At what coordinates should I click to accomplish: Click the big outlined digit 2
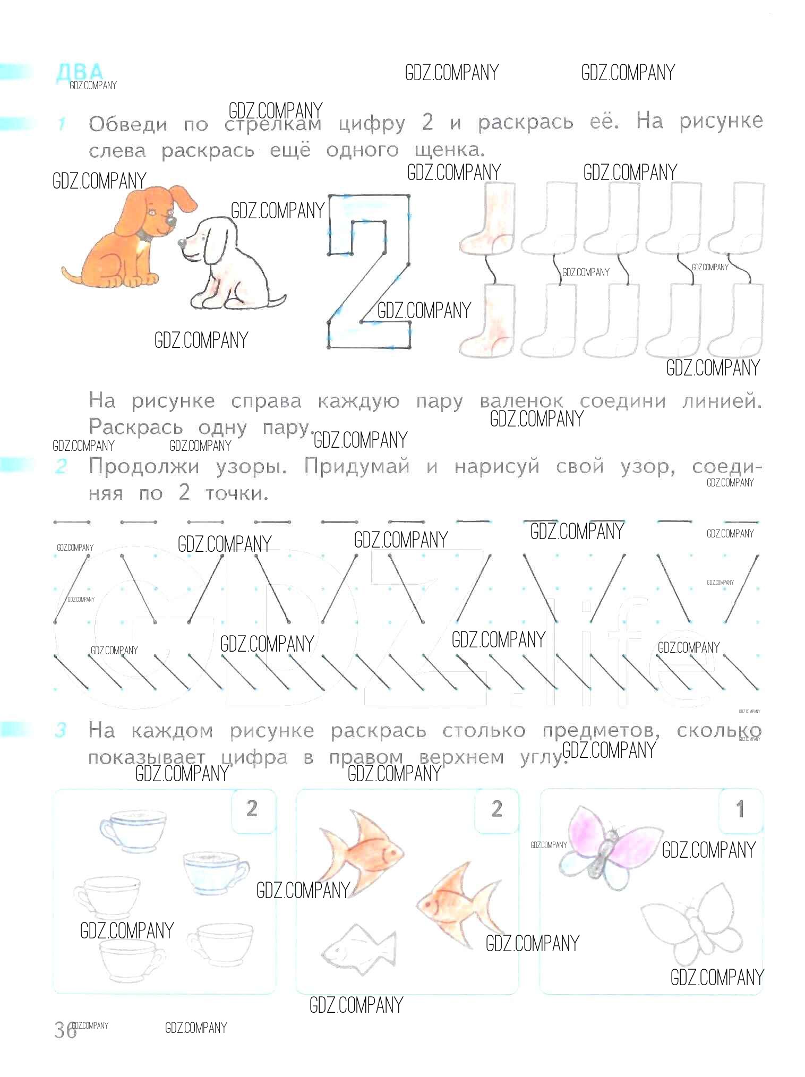(x=369, y=271)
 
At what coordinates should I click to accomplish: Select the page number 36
(x=65, y=1031)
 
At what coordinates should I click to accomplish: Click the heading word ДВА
(x=80, y=72)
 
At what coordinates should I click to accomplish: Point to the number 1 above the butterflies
(x=740, y=809)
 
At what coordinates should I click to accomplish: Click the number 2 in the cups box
(x=252, y=808)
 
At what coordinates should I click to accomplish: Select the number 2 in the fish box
(x=496, y=808)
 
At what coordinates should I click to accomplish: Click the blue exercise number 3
(x=61, y=730)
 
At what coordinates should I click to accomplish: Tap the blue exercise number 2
(x=61, y=466)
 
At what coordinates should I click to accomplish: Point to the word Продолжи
(x=144, y=466)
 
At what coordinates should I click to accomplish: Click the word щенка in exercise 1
(x=450, y=151)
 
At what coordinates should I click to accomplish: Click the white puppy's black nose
(x=182, y=243)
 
